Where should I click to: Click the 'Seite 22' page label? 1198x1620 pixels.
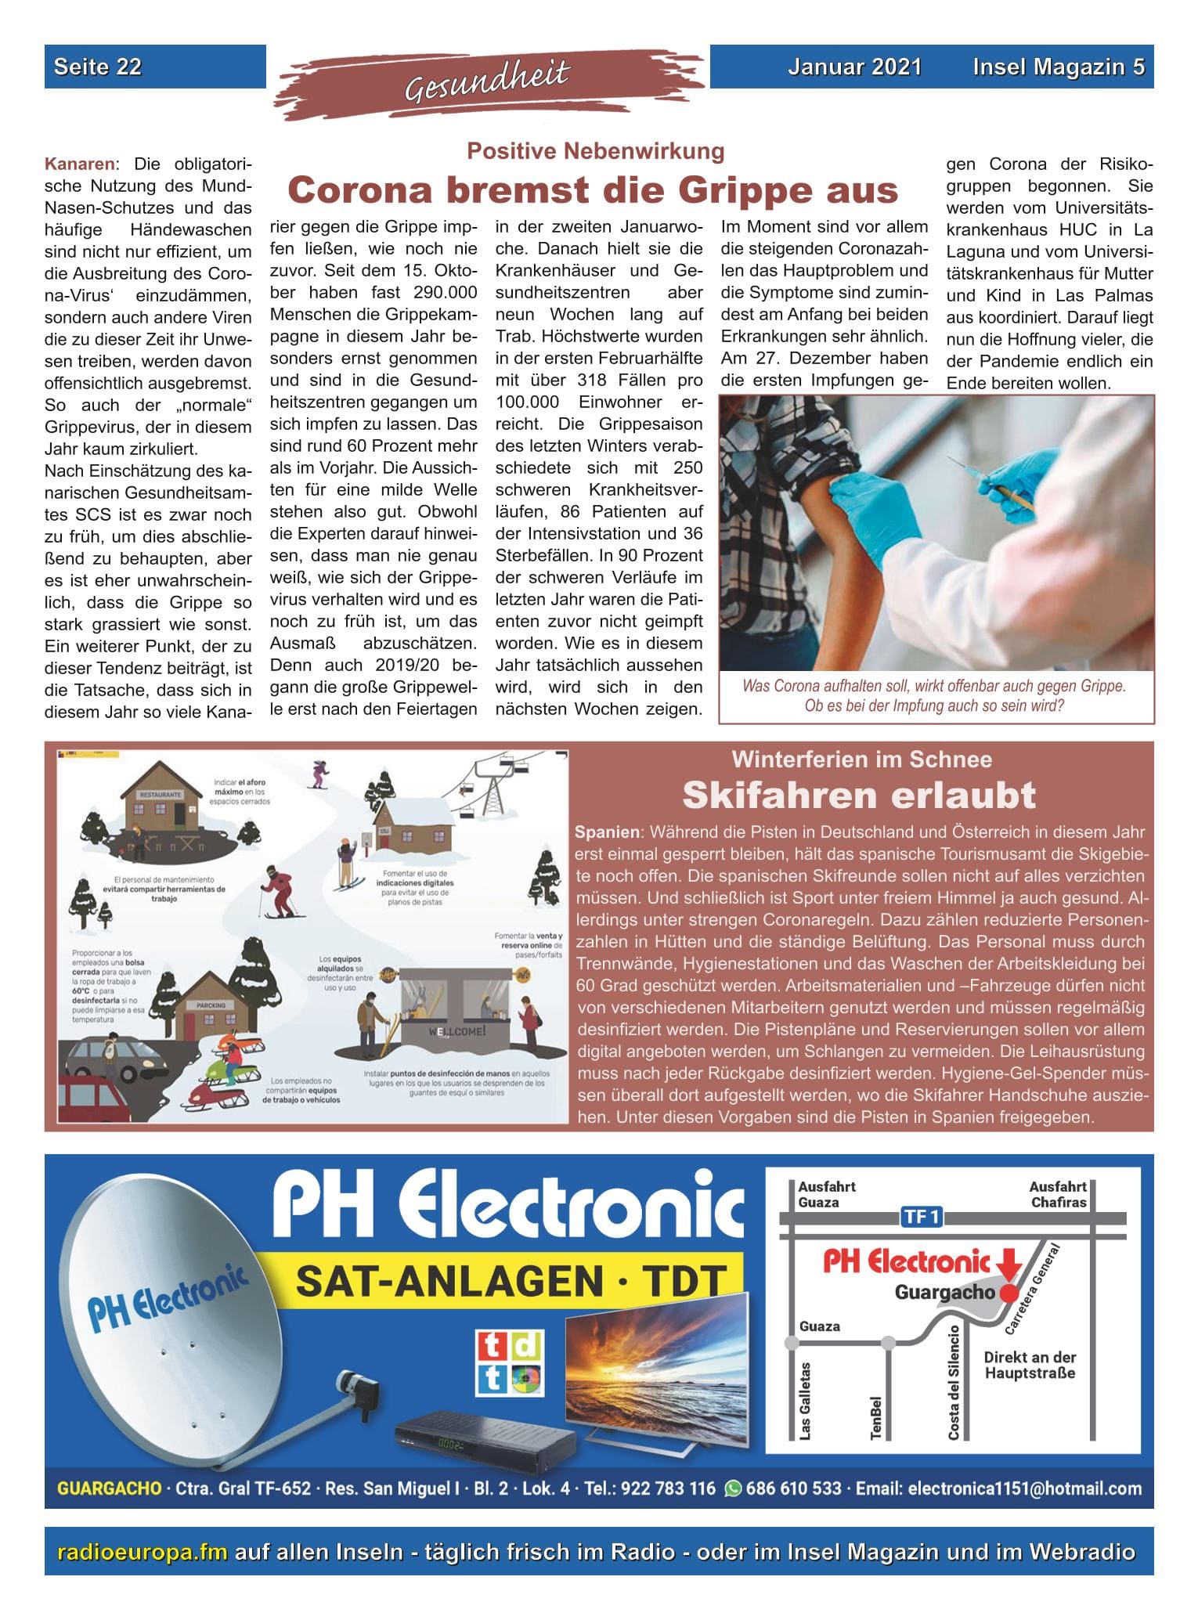pyautogui.click(x=98, y=67)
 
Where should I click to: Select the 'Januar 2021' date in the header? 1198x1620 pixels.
pyautogui.click(x=854, y=67)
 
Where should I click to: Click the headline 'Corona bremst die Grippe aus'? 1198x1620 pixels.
pyautogui.click(x=593, y=190)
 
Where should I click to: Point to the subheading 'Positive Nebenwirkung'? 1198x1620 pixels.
pyautogui.click(x=595, y=150)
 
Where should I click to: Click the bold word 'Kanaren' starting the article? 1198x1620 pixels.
pyautogui.click(x=80, y=164)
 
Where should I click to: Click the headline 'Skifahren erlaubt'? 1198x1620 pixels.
pyautogui.click(x=859, y=796)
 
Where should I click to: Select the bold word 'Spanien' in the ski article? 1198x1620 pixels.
pyautogui.click(x=607, y=832)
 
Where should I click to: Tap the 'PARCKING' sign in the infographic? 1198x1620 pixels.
pyautogui.click(x=211, y=1005)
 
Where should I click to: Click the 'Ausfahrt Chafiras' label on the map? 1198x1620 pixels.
pyautogui.click(x=1057, y=1194)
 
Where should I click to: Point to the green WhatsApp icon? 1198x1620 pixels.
pyautogui.click(x=733, y=1488)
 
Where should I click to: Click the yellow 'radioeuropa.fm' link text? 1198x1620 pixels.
pyautogui.click(x=143, y=1552)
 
